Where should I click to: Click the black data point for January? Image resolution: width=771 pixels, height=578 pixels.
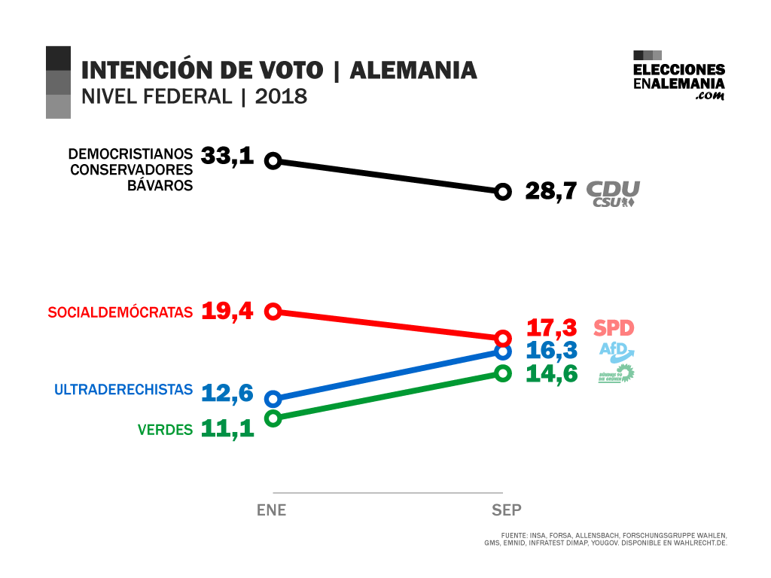(x=274, y=160)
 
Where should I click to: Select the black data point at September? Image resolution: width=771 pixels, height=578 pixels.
(x=503, y=191)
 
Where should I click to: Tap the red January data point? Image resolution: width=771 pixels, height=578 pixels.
(x=274, y=311)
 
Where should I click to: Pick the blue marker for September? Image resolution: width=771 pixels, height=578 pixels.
(x=503, y=351)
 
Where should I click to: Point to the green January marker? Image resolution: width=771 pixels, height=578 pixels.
(x=274, y=418)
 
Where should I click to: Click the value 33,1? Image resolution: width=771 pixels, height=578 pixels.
(x=227, y=157)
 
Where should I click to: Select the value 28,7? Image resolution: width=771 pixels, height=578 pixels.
(x=551, y=191)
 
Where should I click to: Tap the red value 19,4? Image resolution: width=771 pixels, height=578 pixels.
(x=227, y=311)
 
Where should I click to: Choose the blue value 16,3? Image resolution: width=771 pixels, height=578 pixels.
(x=551, y=351)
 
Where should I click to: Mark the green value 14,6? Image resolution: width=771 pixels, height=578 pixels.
(x=551, y=373)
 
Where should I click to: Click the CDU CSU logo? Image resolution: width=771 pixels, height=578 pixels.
(x=613, y=193)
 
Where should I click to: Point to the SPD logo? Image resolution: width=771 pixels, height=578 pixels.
(x=614, y=328)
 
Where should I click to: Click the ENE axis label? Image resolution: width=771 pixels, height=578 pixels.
(x=272, y=510)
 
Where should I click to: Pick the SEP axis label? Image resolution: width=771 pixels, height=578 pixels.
(x=507, y=510)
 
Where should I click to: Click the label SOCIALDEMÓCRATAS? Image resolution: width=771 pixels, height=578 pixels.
(x=120, y=312)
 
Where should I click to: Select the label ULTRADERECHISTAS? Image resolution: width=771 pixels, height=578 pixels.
(x=123, y=390)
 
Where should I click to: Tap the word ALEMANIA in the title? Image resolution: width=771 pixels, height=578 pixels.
(x=413, y=71)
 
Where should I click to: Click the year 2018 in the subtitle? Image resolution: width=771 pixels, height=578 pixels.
(x=281, y=96)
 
